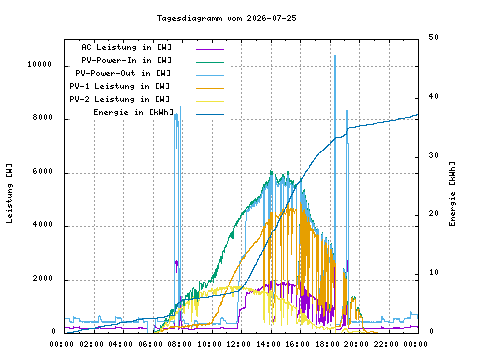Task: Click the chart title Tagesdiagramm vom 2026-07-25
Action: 227,18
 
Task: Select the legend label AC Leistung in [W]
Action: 126,47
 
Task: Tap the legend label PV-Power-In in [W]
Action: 126,60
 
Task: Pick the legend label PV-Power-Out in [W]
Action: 123,73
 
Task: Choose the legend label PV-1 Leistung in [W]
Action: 120,86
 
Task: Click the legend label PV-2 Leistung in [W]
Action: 120,99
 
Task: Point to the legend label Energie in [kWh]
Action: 133,112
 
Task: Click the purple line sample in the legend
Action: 210,49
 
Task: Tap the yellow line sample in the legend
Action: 210,101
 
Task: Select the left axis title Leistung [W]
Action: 9,193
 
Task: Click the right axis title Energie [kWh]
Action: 452,194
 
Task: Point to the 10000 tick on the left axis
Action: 40,64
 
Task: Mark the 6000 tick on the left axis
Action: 43,171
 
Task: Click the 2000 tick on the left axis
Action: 43,278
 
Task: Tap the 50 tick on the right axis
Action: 433,37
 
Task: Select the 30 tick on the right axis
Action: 433,155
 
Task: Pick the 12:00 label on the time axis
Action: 238,344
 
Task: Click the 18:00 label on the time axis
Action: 327,344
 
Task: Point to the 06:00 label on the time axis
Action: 150,344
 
